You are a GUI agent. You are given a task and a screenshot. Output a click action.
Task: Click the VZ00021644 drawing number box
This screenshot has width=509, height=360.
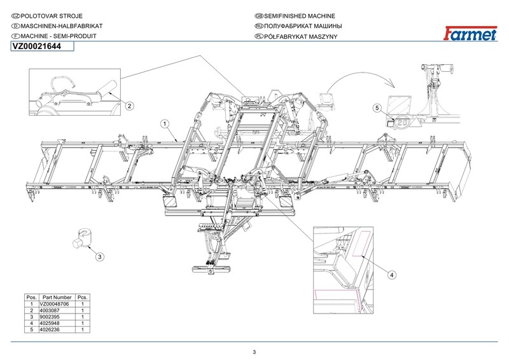pos(38,46)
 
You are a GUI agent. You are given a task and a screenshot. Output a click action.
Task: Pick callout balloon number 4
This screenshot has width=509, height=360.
pos(392,275)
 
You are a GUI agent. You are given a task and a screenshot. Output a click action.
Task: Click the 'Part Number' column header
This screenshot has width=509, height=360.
pos(56,297)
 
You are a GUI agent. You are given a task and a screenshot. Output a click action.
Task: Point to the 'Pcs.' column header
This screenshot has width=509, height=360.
pos(82,297)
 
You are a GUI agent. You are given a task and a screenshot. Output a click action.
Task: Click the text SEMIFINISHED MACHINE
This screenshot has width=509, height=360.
pos(299,15)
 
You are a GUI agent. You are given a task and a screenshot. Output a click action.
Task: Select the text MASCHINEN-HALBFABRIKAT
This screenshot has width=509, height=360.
pos(57,26)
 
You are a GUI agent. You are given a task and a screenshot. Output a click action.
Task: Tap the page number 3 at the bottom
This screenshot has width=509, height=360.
pos(254,352)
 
